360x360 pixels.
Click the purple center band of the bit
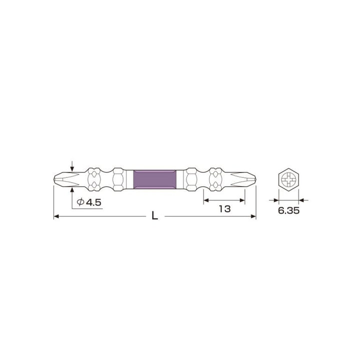click(x=155, y=179)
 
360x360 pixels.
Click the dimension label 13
click(x=224, y=210)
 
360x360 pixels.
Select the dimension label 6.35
click(x=288, y=211)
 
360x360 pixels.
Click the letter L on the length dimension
click(x=155, y=216)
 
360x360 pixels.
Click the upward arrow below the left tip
click(x=73, y=190)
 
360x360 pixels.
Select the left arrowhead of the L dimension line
click(x=56, y=216)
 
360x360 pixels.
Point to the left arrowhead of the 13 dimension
click(x=206, y=200)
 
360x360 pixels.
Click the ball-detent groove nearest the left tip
click(x=94, y=179)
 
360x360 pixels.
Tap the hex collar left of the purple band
click(x=119, y=179)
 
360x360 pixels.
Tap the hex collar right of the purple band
click(x=191, y=179)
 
